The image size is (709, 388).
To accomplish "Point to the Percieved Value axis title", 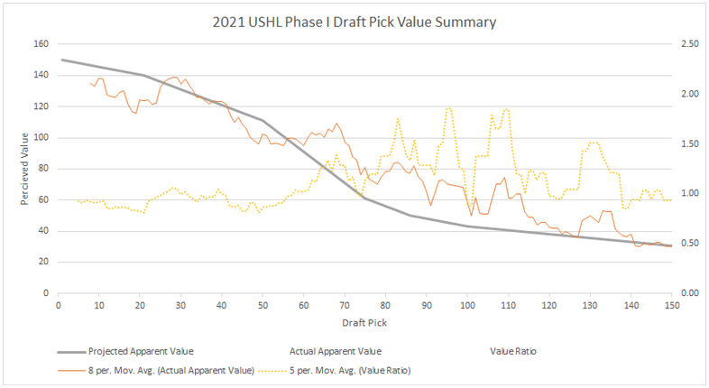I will click(x=25, y=169).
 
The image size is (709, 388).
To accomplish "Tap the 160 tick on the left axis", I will click(x=41, y=44).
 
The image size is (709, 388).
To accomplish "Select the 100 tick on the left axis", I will click(x=41, y=138).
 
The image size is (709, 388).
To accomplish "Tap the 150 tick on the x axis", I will click(x=672, y=306).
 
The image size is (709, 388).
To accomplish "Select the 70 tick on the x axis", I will click(x=345, y=306).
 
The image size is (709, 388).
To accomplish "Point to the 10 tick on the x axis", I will click(x=98, y=306).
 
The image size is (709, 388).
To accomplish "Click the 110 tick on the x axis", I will click(x=508, y=306).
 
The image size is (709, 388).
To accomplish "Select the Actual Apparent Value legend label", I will click(x=336, y=351).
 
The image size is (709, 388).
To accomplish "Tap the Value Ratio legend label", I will click(x=514, y=351).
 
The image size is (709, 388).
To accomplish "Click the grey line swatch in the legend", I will click(x=69, y=351).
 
